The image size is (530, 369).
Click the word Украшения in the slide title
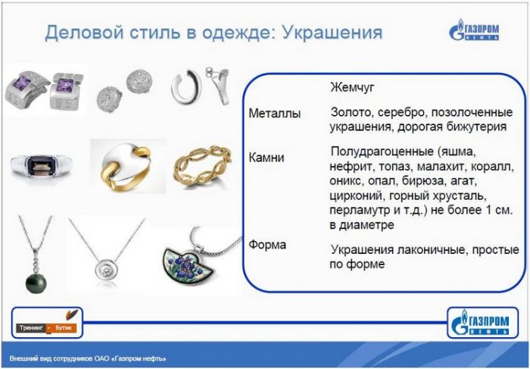click(332, 33)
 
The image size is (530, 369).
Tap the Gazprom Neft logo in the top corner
click(474, 30)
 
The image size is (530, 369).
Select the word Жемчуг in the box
click(352, 87)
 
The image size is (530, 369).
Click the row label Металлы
click(274, 114)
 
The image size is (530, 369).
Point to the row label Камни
click(267, 158)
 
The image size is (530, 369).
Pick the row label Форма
click(267, 245)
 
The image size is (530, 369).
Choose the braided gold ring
click(202, 164)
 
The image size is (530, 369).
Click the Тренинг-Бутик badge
click(47, 323)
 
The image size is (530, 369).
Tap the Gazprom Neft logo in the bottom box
click(482, 322)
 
